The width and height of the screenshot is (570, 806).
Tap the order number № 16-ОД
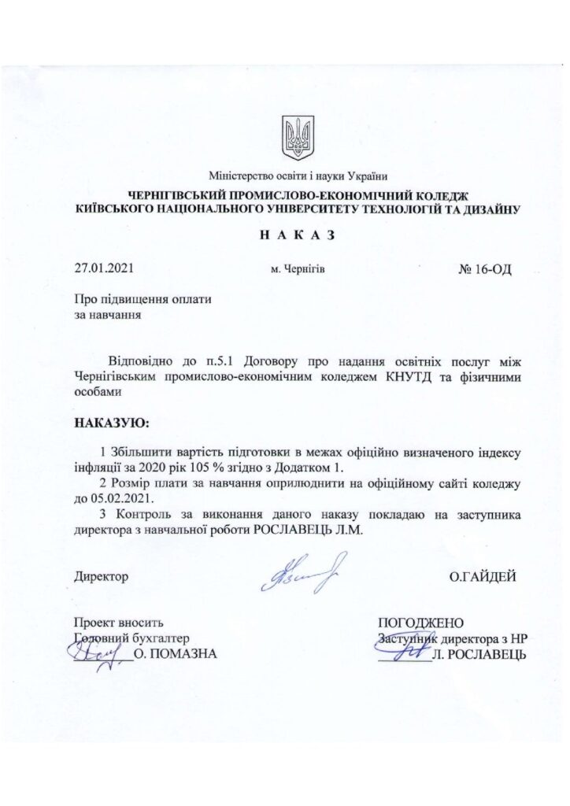click(485, 268)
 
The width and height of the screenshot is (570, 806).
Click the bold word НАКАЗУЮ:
click(109, 423)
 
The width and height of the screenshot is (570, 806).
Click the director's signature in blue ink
click(297, 571)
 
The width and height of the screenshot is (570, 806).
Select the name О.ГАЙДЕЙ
click(483, 577)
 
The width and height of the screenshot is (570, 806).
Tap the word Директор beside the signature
click(100, 577)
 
